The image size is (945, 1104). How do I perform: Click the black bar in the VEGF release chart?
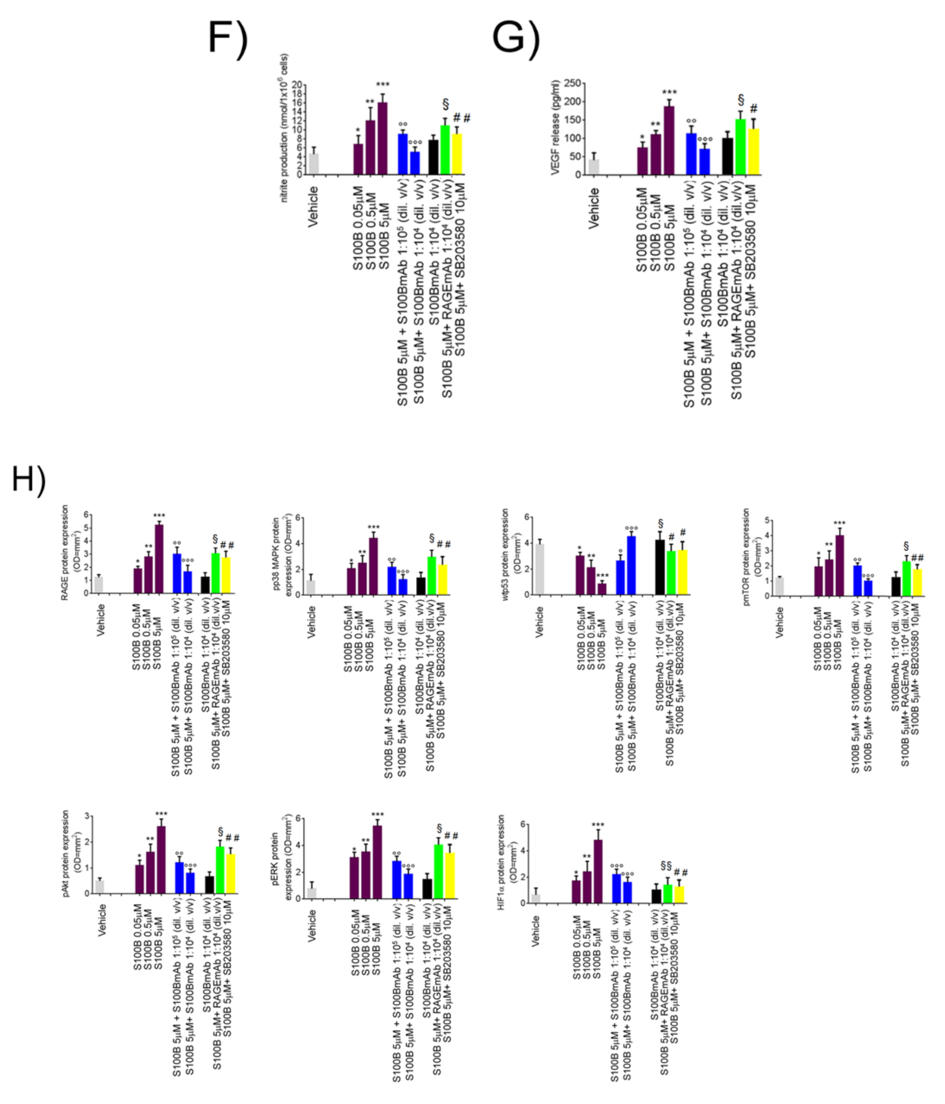point(727,156)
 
